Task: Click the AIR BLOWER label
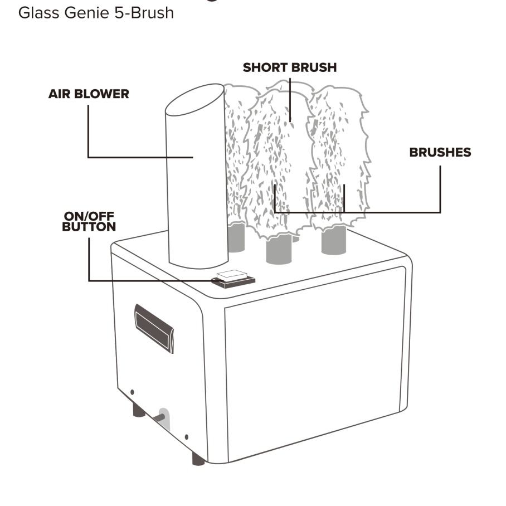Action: (x=89, y=94)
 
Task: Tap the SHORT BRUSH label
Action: (x=290, y=67)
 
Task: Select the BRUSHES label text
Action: (x=440, y=152)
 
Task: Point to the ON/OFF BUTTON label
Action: (x=89, y=222)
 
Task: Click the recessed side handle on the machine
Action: (x=154, y=328)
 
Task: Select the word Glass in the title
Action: (x=36, y=12)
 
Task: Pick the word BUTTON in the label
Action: (x=89, y=227)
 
